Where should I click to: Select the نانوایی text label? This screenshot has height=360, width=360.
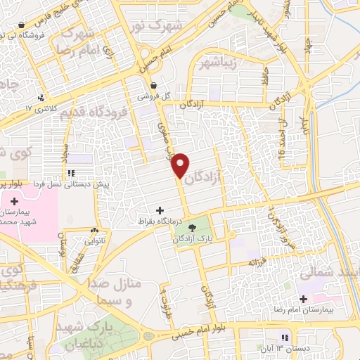[x=94, y=240]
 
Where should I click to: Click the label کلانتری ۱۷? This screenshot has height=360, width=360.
[x=39, y=109]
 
